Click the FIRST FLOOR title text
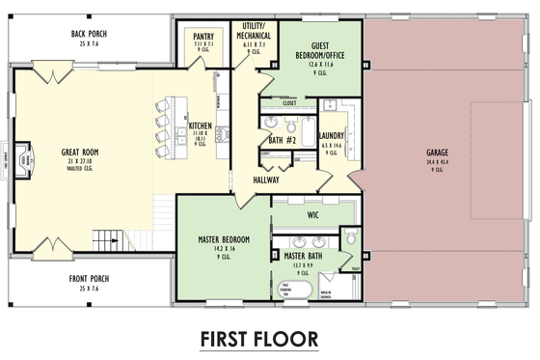[x=269, y=339]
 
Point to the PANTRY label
[x=203, y=35]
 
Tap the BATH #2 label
[x=283, y=139]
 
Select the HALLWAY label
[x=267, y=180]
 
